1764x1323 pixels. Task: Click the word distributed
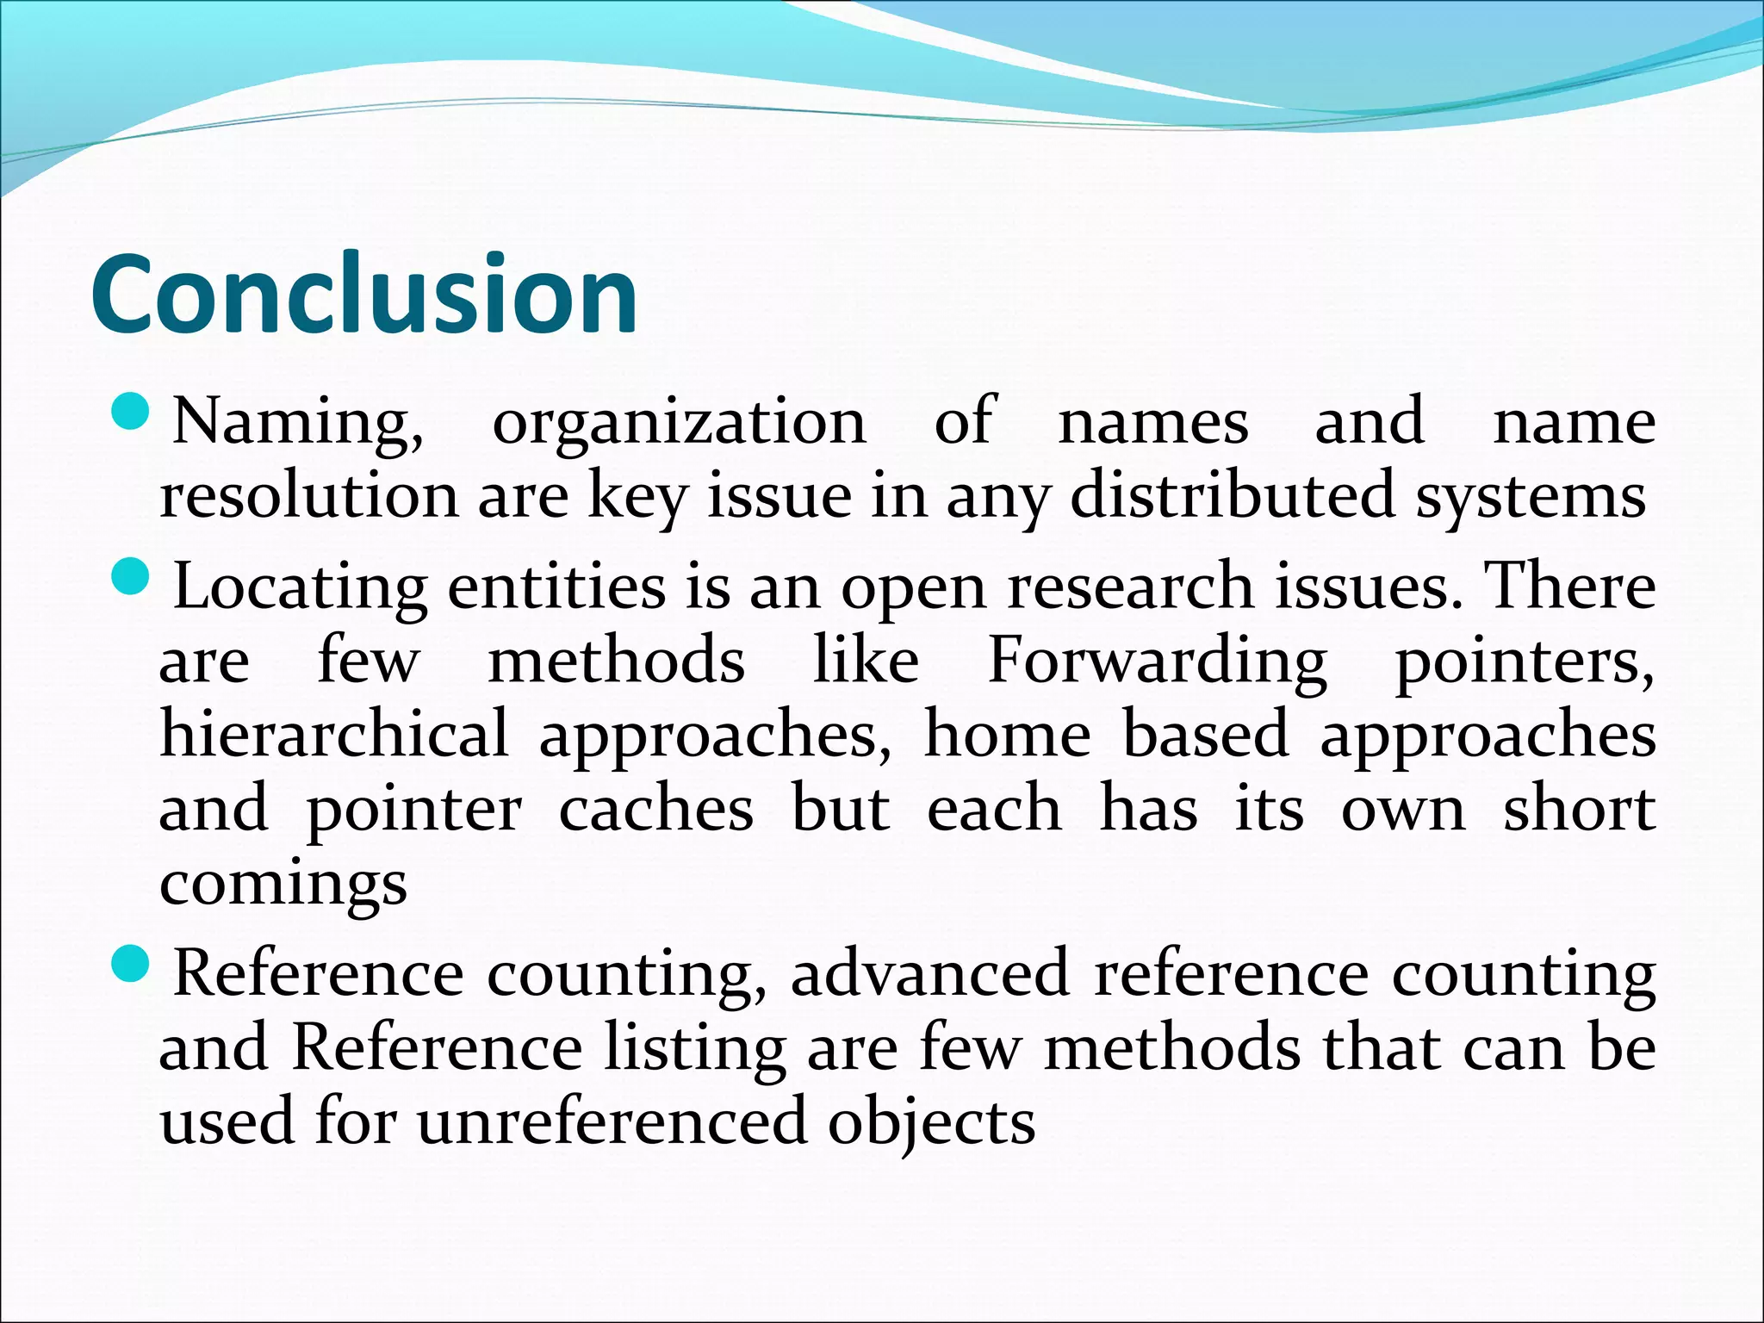point(1232,497)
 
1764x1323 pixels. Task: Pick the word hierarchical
point(334,735)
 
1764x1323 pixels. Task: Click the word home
point(1007,735)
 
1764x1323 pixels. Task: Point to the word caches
point(655,810)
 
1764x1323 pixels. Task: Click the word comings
point(283,885)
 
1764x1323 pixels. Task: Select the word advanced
point(929,973)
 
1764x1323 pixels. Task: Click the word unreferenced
point(612,1122)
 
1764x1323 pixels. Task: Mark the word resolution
point(309,497)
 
